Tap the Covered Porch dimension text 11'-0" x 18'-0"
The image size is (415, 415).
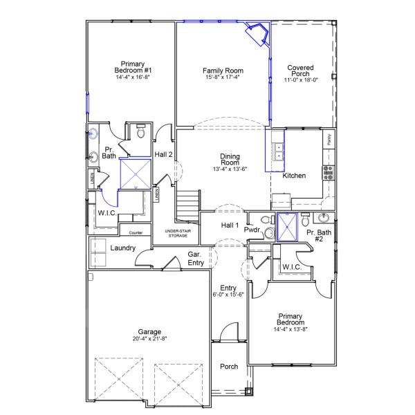point(301,80)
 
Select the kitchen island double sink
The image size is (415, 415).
point(278,151)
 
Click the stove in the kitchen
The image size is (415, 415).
point(328,171)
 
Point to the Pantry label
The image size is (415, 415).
point(330,140)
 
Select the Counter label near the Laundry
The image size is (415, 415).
point(136,232)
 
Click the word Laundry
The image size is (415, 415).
point(122,248)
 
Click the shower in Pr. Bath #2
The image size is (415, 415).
point(285,227)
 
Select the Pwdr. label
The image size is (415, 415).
point(252,229)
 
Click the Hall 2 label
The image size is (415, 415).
point(163,154)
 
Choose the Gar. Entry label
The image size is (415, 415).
point(196,258)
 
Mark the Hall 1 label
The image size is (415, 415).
point(230,225)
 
